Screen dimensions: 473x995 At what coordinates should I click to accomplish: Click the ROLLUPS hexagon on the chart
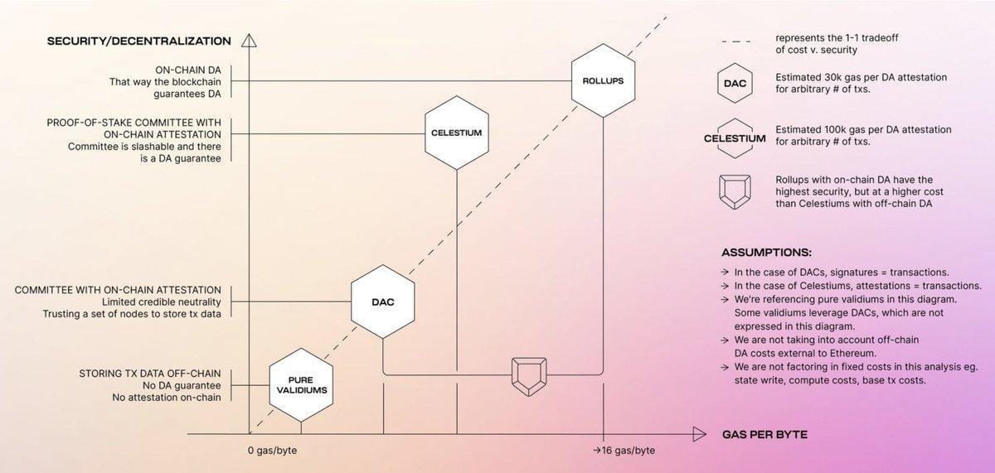[x=603, y=81]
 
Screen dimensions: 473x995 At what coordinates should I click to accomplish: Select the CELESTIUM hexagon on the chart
[x=456, y=133]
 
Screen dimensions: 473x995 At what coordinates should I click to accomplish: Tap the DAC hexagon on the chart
[x=383, y=302]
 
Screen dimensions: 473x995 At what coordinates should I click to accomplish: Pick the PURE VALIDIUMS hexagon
[x=301, y=384]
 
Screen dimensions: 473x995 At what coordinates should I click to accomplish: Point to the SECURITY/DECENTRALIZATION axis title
[x=138, y=41]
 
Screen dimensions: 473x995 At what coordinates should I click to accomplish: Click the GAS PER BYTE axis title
[x=764, y=434]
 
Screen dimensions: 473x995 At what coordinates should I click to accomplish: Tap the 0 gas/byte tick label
[x=273, y=450]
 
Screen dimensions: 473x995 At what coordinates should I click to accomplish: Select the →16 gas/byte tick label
[x=624, y=450]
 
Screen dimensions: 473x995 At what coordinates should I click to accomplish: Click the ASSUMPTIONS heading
[x=766, y=252]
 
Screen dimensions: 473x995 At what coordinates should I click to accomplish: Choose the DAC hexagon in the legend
[x=735, y=84]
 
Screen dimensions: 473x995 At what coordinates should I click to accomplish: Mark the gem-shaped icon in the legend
[x=735, y=191]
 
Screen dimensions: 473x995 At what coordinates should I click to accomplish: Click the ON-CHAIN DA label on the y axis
[x=188, y=70]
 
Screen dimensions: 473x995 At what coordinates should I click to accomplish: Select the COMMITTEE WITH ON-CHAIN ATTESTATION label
[x=118, y=290]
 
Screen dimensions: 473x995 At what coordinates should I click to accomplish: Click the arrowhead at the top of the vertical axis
[x=249, y=41]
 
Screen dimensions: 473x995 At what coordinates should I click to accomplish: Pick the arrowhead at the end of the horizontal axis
[x=698, y=434]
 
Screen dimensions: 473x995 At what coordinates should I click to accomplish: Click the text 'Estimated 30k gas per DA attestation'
[x=861, y=77]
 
